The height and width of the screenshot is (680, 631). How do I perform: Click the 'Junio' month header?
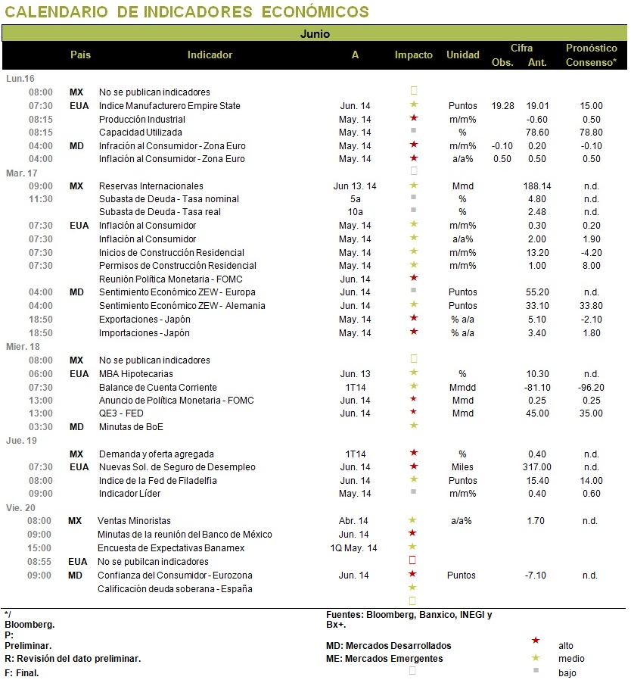click(x=315, y=34)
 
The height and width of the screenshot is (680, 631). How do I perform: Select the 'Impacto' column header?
click(x=413, y=55)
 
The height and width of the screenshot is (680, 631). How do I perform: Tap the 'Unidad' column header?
click(x=463, y=55)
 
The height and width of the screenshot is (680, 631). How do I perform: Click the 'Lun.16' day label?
click(x=20, y=79)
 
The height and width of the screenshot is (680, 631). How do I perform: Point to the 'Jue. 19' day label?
click(x=22, y=441)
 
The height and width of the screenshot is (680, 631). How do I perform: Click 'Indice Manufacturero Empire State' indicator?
click(x=169, y=106)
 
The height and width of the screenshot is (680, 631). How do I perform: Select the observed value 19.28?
click(x=502, y=106)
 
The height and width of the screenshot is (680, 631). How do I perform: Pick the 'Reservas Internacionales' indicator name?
click(x=151, y=186)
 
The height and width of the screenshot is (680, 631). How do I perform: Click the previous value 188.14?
click(x=537, y=186)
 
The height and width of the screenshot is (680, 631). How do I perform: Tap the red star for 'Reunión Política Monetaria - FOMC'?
click(x=414, y=278)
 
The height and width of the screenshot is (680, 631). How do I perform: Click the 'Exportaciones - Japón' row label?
click(x=145, y=320)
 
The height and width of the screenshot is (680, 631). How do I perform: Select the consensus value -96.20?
click(x=591, y=387)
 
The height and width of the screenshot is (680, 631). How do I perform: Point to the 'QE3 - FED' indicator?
click(x=121, y=413)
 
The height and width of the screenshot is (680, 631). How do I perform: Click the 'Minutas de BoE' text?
click(x=131, y=427)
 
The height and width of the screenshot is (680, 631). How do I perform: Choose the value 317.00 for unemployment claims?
click(x=537, y=467)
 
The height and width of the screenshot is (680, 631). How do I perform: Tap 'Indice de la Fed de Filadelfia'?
click(x=157, y=481)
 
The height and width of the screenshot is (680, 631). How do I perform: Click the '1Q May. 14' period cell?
click(x=353, y=548)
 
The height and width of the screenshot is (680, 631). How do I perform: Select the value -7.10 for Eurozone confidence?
click(x=536, y=576)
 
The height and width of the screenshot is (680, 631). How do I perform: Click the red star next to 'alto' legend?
click(x=536, y=641)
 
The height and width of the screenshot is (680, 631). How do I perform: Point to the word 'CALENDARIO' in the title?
click(x=56, y=11)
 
